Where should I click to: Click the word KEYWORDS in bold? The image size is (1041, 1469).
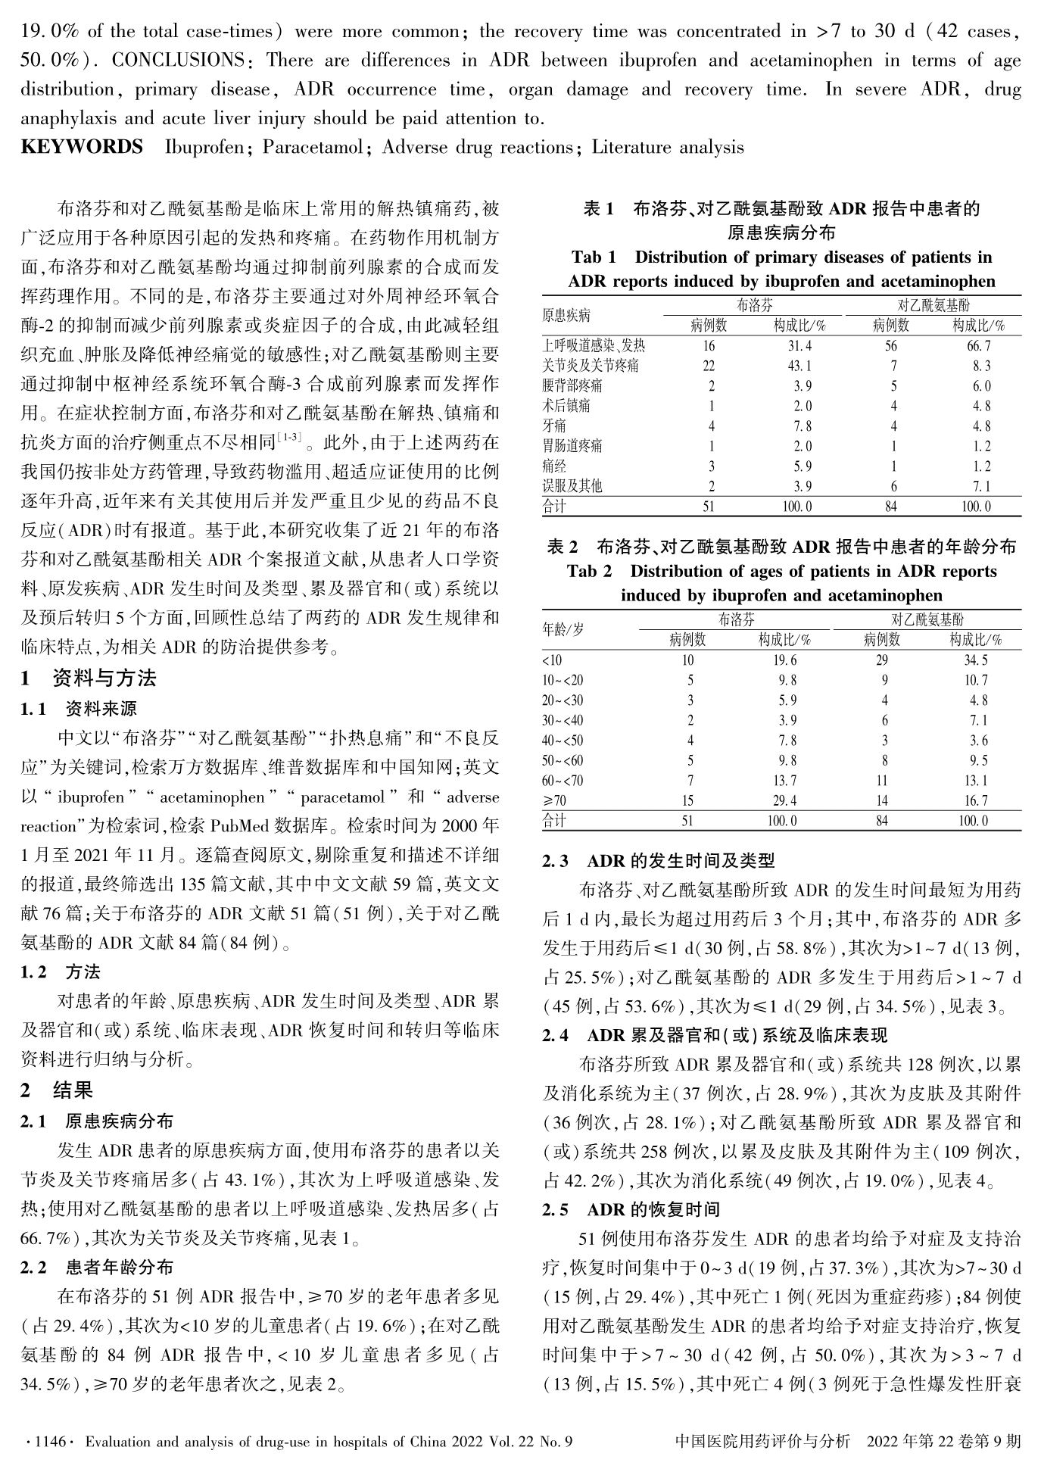click(82, 147)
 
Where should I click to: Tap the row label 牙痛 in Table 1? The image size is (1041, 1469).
click(554, 426)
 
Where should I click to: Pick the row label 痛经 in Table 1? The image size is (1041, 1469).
click(554, 466)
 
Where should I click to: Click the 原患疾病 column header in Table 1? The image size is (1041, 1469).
click(566, 315)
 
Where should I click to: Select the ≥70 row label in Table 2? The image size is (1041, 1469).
click(554, 800)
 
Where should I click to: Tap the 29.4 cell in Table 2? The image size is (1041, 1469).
click(782, 800)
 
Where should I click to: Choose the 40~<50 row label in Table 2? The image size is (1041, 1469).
click(563, 741)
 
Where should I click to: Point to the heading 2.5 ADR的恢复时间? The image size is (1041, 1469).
click(631, 1209)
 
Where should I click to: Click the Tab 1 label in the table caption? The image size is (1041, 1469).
click(594, 257)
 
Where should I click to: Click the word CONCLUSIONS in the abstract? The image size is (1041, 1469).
click(177, 61)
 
